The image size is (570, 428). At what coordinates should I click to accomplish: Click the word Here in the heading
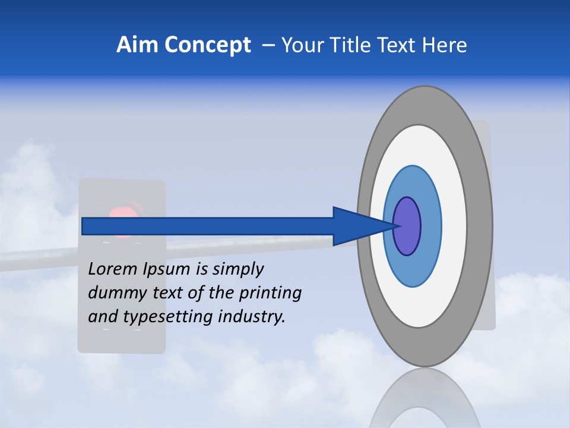pos(445,45)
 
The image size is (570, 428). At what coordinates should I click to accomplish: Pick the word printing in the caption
pos(270,294)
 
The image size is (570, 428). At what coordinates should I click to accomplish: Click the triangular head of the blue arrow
pos(356,226)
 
